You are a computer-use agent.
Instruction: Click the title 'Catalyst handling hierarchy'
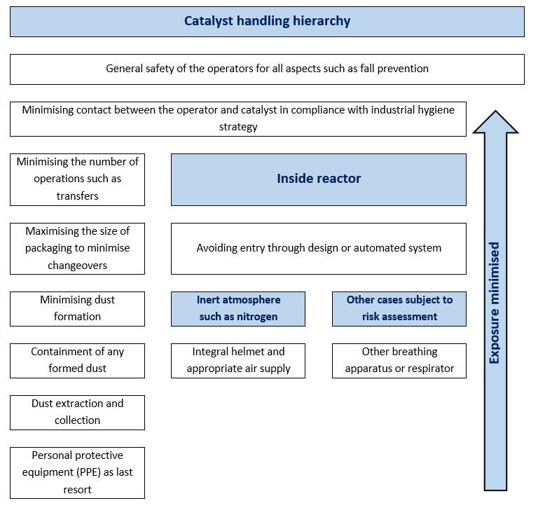pyautogui.click(x=267, y=21)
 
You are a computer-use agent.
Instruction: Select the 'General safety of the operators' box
pyautogui.click(x=267, y=69)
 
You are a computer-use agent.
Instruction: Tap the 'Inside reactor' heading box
pyautogui.click(x=318, y=179)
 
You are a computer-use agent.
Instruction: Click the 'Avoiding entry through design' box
pyautogui.click(x=318, y=248)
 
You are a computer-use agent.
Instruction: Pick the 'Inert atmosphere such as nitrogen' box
pyautogui.click(x=238, y=308)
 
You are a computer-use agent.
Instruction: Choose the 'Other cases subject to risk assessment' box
pyautogui.click(x=399, y=308)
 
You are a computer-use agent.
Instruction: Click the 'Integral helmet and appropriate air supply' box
pyautogui.click(x=238, y=360)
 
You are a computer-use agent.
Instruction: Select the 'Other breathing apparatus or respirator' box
pyautogui.click(x=399, y=360)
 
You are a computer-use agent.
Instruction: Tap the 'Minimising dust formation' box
pyautogui.click(x=77, y=308)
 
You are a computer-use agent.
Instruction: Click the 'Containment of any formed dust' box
pyautogui.click(x=77, y=360)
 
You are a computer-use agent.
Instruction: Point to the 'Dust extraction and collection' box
pyautogui.click(x=77, y=412)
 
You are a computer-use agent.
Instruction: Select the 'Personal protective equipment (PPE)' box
pyautogui.click(x=77, y=472)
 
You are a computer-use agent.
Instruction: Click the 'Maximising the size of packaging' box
pyautogui.click(x=77, y=248)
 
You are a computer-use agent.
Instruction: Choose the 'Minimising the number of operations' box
pyautogui.click(x=77, y=179)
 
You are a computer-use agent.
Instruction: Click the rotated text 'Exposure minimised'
pyautogui.click(x=495, y=303)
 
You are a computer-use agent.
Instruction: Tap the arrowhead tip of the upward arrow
pyautogui.click(x=495, y=112)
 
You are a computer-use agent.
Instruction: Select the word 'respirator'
pyautogui.click(x=429, y=369)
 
